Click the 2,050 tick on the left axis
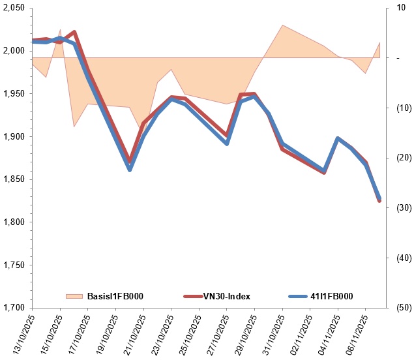(14, 8)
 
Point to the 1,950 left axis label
(14, 93)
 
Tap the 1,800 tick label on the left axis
(14, 222)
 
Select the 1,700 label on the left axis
(14, 307)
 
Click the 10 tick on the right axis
(401, 8)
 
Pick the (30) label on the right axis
(404, 207)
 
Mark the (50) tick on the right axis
(404, 307)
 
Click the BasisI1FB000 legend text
(115, 296)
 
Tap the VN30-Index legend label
(227, 296)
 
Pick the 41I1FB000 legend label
(332, 296)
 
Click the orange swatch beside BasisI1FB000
(74, 296)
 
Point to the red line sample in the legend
(193, 296)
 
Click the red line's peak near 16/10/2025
(74, 32)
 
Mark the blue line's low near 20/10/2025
(130, 170)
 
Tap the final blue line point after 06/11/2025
(379, 198)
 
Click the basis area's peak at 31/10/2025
(282, 25)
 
